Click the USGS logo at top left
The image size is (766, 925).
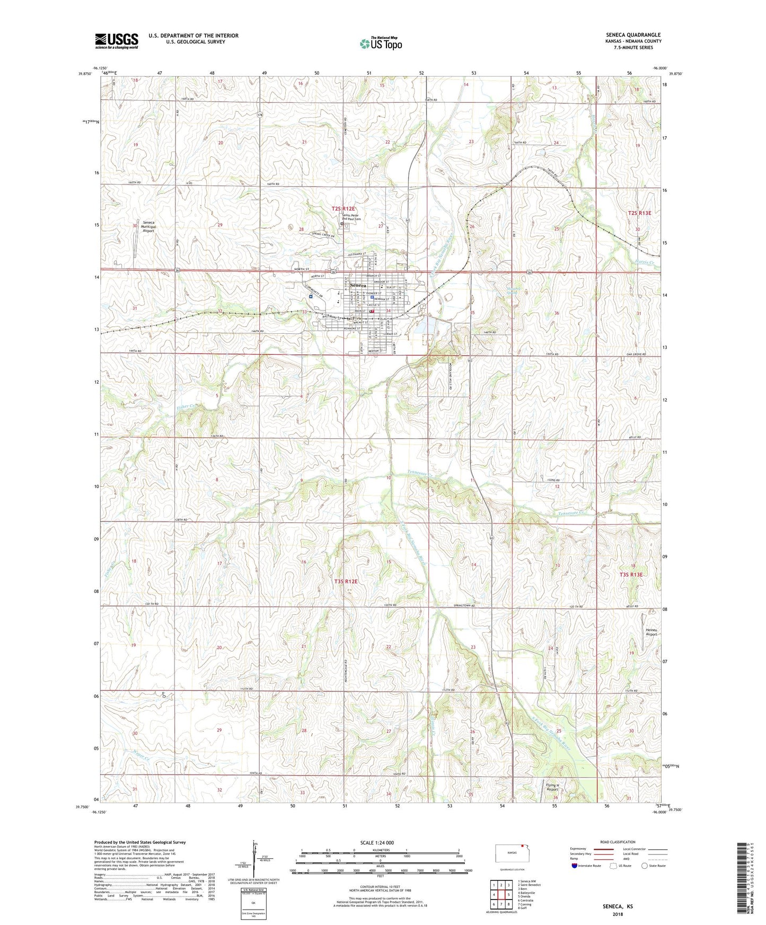pyautogui.click(x=117, y=40)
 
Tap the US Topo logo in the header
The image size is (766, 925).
pyautogui.click(x=381, y=43)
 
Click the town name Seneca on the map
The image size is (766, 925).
pyautogui.click(x=358, y=286)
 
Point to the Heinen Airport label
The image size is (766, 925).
pyautogui.click(x=651, y=632)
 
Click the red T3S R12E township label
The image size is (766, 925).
pyautogui.click(x=346, y=582)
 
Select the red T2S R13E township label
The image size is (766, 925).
pyautogui.click(x=639, y=213)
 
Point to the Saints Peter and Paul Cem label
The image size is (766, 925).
pyautogui.click(x=351, y=217)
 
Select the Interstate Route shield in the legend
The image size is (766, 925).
pyautogui.click(x=575, y=866)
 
